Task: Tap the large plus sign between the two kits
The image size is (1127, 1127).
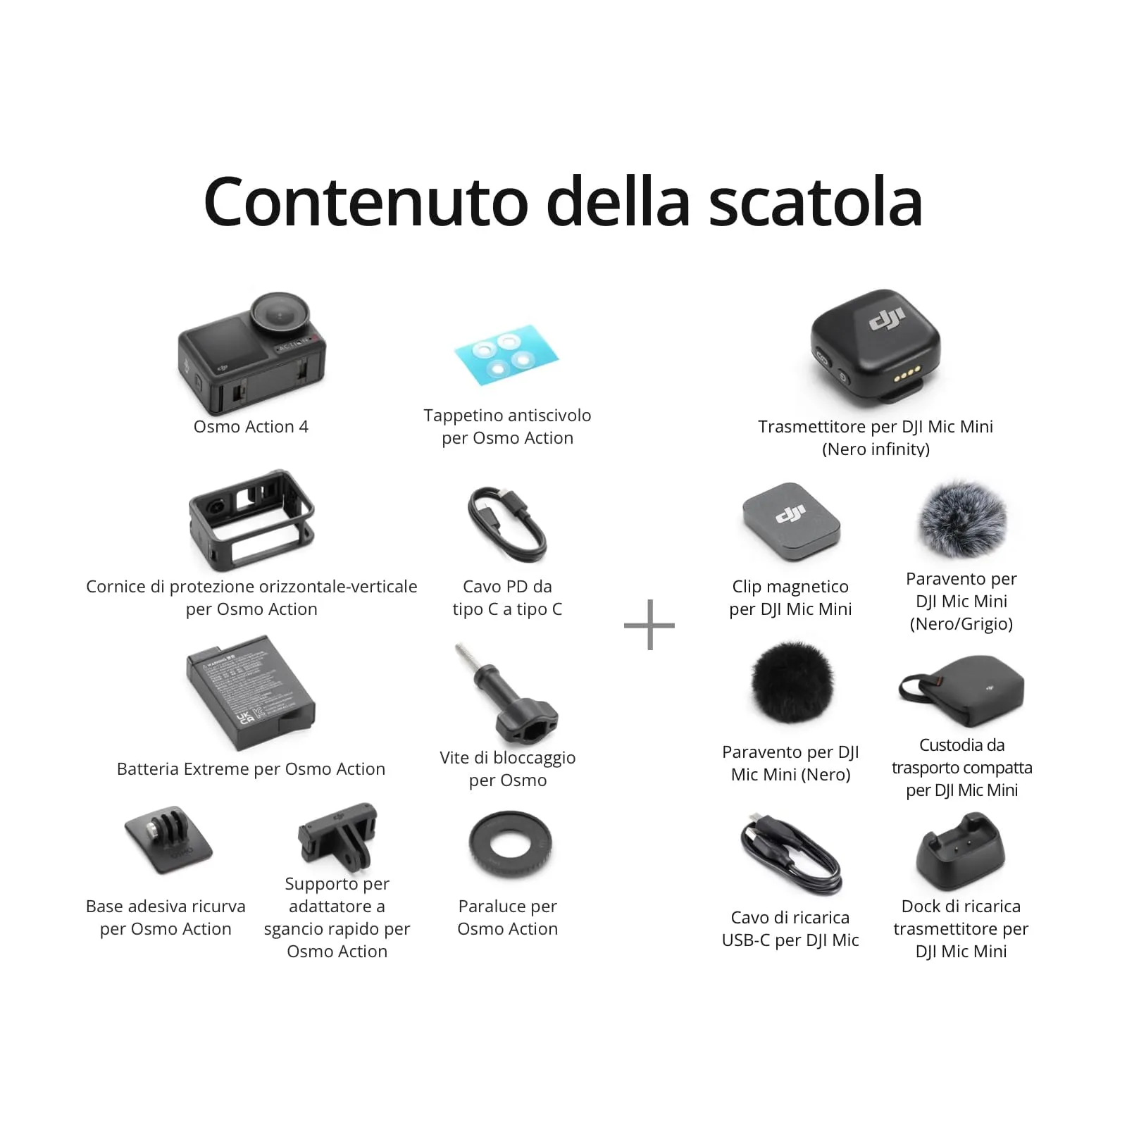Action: click(x=649, y=625)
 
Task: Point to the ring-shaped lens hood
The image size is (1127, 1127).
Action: click(x=510, y=845)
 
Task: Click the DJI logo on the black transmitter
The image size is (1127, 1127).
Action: click(x=886, y=320)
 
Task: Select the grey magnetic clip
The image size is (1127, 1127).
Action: click(x=791, y=522)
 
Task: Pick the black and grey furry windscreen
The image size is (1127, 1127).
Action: click(x=962, y=520)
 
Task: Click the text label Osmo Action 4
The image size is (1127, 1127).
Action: click(x=251, y=427)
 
